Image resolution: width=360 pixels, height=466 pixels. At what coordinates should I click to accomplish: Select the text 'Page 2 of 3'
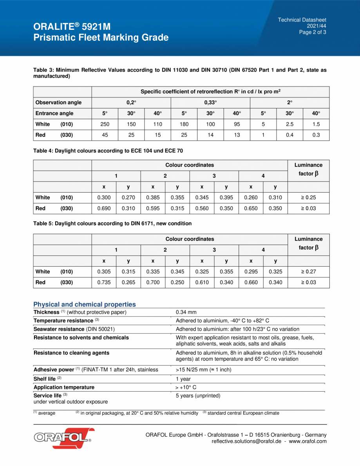click(x=312, y=33)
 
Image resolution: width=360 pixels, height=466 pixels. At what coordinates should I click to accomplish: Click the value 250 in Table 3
click(x=105, y=124)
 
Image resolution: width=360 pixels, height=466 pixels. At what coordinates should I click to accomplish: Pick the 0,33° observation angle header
click(x=210, y=103)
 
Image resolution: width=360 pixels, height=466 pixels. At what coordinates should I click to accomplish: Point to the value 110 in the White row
click(x=157, y=124)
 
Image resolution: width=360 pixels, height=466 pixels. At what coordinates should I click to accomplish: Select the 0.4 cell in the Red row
click(x=289, y=135)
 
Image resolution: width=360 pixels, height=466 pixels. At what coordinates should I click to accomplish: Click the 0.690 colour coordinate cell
click(x=104, y=208)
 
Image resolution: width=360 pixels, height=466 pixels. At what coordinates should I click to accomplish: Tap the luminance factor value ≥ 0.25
click(x=308, y=197)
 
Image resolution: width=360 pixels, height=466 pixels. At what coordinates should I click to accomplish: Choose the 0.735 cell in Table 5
click(x=104, y=282)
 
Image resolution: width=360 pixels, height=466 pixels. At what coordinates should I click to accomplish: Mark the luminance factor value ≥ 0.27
click(x=308, y=271)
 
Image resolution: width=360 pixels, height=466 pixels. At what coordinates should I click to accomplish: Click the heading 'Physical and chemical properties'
click(x=85, y=304)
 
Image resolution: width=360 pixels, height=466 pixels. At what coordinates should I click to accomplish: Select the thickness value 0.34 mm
click(x=186, y=312)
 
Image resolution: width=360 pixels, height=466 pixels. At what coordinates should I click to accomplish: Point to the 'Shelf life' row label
click(x=45, y=379)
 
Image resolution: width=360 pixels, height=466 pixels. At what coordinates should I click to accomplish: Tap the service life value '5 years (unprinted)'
click(x=198, y=396)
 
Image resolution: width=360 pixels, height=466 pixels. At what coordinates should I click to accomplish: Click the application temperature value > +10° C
click(x=186, y=387)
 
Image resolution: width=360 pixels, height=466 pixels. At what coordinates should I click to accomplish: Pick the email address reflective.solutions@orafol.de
click(x=246, y=441)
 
